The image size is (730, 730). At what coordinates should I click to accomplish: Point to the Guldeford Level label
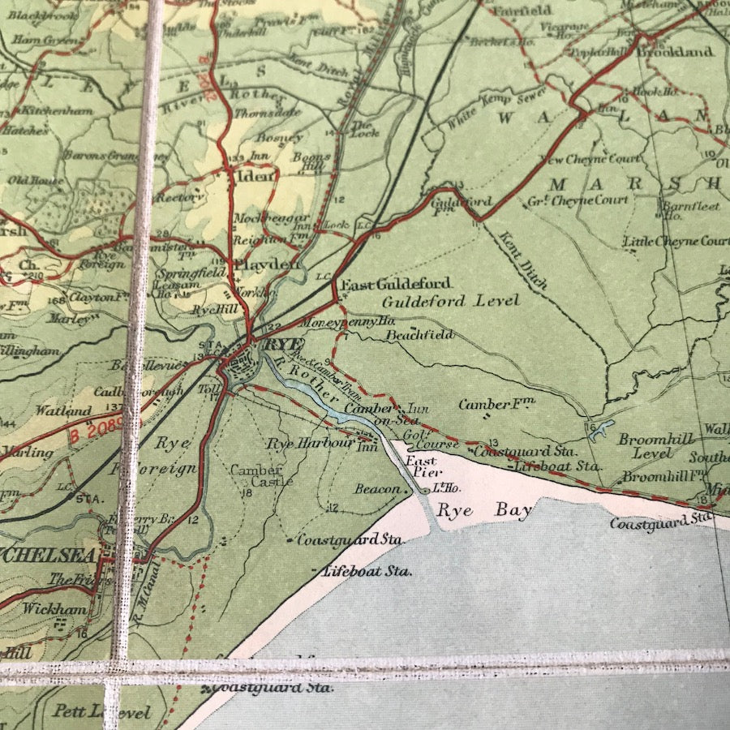451,302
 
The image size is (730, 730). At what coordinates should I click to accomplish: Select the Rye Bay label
484,511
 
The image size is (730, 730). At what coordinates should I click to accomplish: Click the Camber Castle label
256,476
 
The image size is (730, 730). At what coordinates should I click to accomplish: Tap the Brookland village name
675,51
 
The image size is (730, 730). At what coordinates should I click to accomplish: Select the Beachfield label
419,334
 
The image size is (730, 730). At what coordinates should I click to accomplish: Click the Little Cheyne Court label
675,241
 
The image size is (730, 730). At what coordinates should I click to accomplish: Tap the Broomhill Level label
656,446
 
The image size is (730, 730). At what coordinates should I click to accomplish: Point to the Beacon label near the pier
377,489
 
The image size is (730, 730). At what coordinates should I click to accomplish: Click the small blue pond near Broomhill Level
601,431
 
